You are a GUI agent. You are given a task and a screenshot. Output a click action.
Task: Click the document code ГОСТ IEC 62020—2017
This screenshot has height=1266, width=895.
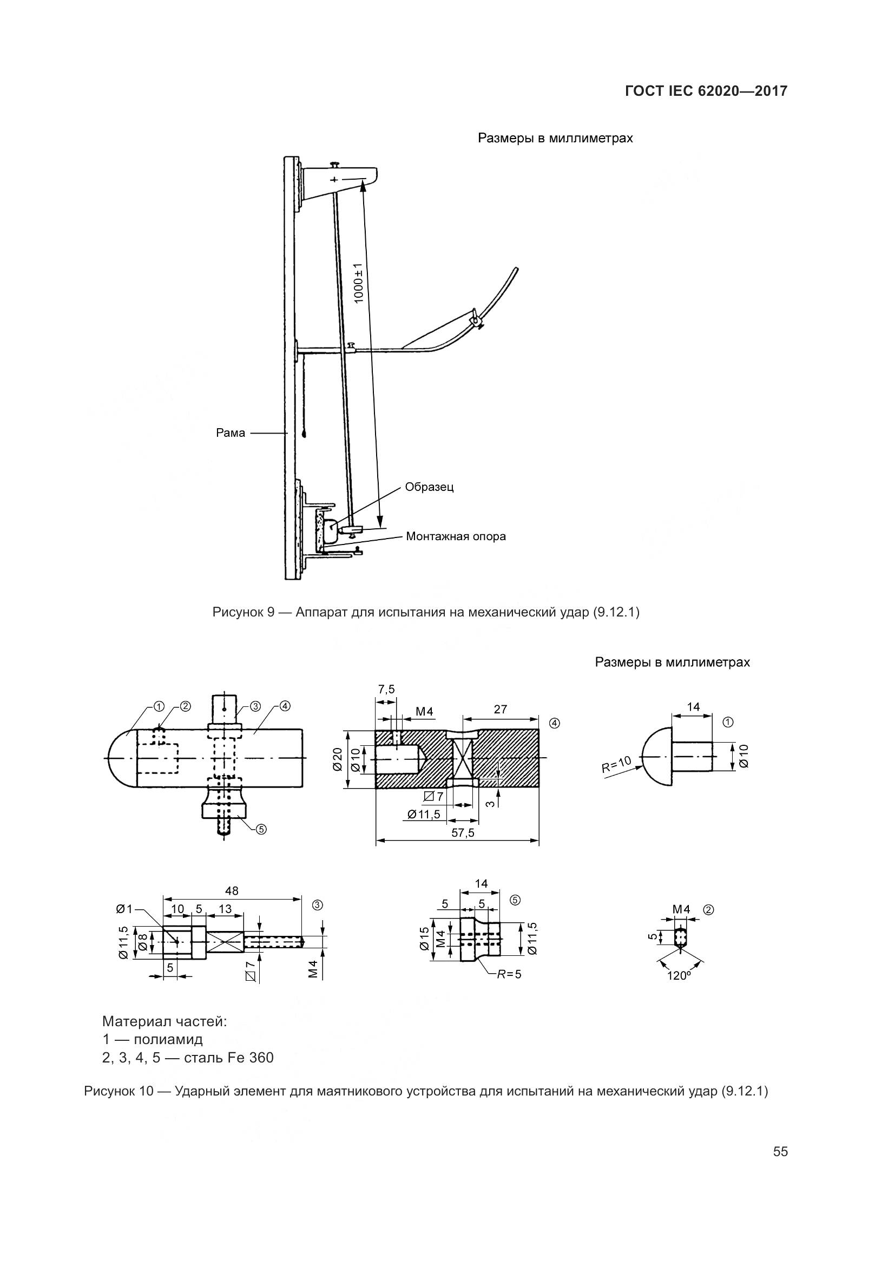click(x=706, y=91)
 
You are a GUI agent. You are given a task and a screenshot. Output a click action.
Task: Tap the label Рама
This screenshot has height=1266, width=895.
click(x=231, y=433)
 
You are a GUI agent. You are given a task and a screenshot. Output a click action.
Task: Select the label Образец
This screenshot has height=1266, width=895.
click(x=429, y=488)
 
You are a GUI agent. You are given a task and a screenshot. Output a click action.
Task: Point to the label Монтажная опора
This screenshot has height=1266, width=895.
click(x=456, y=536)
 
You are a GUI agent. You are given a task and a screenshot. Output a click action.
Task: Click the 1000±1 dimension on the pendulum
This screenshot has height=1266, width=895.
click(x=358, y=283)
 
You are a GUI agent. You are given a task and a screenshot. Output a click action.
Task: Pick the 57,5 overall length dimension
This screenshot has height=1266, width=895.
click(x=463, y=832)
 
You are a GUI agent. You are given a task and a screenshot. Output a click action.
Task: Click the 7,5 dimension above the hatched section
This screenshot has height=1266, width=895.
click(x=386, y=689)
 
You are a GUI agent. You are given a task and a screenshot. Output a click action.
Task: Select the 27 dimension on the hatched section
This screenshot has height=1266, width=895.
click(x=501, y=709)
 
